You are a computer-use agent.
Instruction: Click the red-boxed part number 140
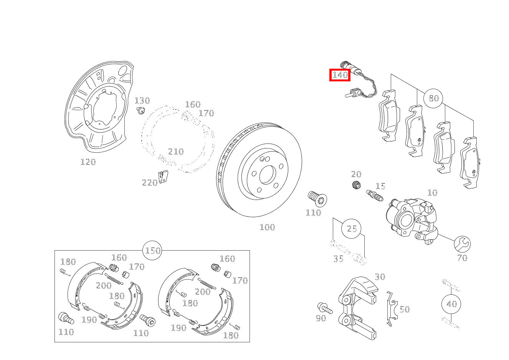[340, 75]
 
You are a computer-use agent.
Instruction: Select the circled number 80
[433, 98]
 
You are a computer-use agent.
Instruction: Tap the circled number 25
[351, 228]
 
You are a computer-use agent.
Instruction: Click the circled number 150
[152, 251]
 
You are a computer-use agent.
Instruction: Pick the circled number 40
[451, 304]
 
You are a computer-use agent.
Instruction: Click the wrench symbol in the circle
[462, 244]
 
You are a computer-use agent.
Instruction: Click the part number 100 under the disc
[267, 227]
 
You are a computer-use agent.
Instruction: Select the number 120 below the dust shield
[88, 162]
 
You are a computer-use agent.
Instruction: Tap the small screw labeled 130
[141, 111]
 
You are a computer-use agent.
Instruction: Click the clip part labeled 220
[163, 177]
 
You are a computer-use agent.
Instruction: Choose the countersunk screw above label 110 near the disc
[317, 199]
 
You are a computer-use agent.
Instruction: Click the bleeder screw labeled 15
[375, 195]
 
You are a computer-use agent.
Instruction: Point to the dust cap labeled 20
[356, 185]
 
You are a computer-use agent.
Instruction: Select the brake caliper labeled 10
[411, 221]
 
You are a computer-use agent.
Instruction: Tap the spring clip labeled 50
[392, 309]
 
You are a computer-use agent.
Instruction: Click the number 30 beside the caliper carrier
[380, 277]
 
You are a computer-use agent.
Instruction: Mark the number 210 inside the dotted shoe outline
[176, 152]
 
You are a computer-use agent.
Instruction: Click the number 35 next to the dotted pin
[338, 258]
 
